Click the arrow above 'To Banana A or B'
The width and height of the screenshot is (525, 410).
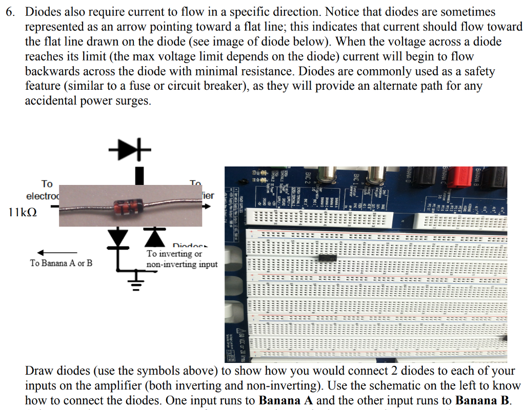57,252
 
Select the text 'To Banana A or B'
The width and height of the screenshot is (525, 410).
61,263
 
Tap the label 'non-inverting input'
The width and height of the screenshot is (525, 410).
181,265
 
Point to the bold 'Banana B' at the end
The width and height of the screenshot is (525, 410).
482,400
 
